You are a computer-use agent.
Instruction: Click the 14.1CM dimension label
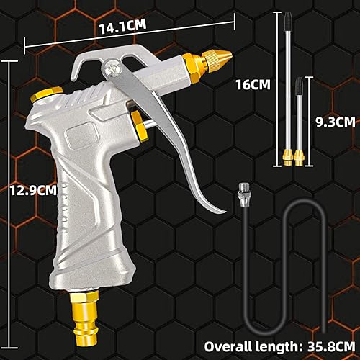pyautogui.click(x=122, y=26)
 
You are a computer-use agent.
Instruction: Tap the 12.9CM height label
pyautogui.click(x=34, y=190)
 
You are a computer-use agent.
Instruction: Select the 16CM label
pyautogui.click(x=253, y=84)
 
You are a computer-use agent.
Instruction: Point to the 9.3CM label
pyautogui.click(x=336, y=122)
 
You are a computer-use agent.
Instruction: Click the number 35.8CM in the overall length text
pyautogui.click(x=331, y=346)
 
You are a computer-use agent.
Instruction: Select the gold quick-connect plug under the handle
pyautogui.click(x=84, y=318)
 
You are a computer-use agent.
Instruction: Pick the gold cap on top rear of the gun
pyautogui.click(x=46, y=94)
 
